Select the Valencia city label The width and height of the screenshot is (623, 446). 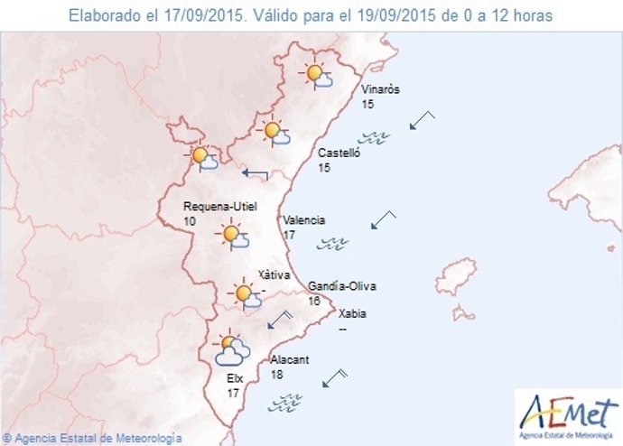coord(304,220)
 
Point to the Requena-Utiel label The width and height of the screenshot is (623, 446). coord(215,206)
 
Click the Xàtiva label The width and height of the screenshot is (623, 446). coord(272,274)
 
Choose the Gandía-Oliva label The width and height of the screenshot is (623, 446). coord(342,286)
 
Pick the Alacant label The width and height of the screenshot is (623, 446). coord(290,359)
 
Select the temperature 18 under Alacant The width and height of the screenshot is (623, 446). coord(278,374)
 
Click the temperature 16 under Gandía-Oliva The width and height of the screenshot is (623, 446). coord(315,301)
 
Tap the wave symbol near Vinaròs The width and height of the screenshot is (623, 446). coord(374,138)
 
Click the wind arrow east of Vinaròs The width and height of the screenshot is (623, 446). coord(421,120)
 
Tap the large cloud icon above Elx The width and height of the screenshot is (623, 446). coord(232,349)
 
